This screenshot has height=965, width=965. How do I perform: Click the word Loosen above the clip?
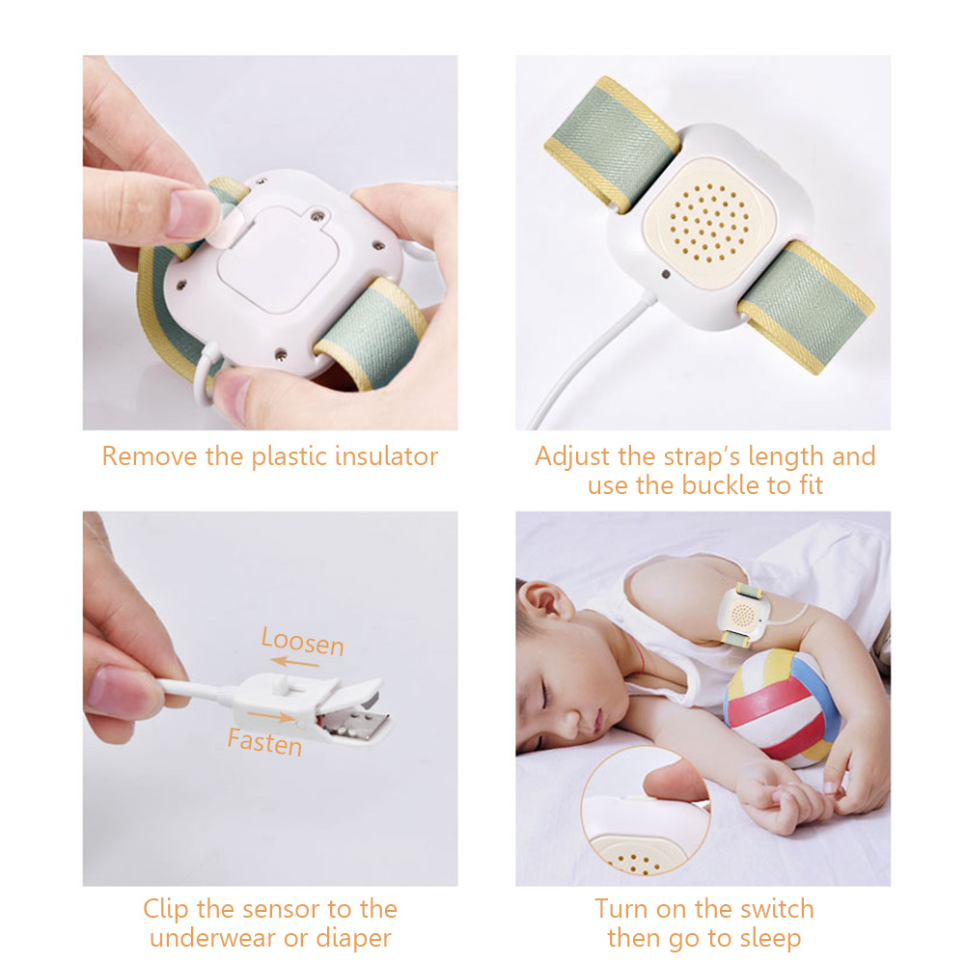click(x=302, y=642)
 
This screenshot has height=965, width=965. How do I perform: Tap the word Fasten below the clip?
click(x=264, y=741)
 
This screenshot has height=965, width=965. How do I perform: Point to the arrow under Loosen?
click(x=295, y=662)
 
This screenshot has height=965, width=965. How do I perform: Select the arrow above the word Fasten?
click(x=271, y=716)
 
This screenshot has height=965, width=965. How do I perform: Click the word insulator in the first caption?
click(x=386, y=456)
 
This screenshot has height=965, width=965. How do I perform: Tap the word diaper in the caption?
click(x=353, y=939)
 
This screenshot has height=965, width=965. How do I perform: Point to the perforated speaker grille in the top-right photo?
click(x=709, y=223)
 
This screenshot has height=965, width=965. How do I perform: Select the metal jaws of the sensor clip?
click(x=358, y=720)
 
